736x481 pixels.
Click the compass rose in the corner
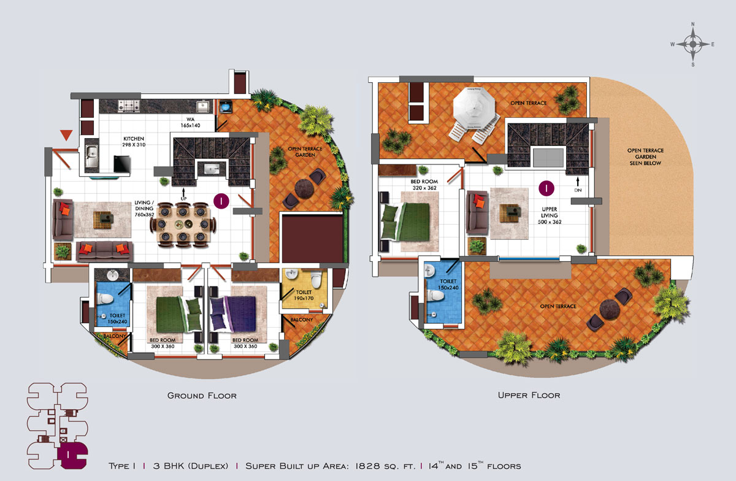tap(693, 44)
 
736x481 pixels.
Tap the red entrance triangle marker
tap(66, 135)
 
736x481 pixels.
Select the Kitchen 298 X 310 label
tap(134, 142)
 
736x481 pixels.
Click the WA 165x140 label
tap(190, 122)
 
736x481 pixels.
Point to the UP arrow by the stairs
tap(183, 192)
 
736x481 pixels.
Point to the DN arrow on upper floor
tap(578, 182)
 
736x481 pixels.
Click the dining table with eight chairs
tap(183, 225)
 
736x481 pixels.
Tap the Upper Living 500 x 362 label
tap(550, 216)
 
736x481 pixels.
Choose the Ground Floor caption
tap(202, 396)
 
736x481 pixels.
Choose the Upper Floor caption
tap(529, 395)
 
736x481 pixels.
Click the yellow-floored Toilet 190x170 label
tap(304, 295)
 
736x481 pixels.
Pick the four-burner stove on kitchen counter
tap(129, 106)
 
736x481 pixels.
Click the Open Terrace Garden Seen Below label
tap(645, 157)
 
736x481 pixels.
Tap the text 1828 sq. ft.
tap(385, 466)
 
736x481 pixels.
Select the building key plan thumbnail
tap(57, 426)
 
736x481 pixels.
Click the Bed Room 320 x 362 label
tap(424, 185)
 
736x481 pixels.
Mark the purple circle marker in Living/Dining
tap(221, 201)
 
